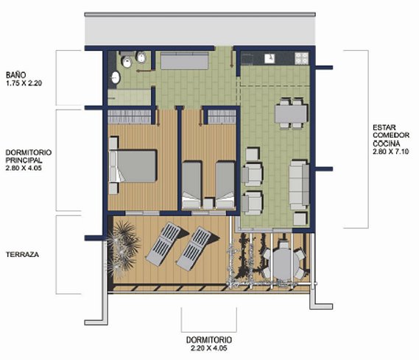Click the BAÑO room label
[x=16, y=75]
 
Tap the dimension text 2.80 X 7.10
[x=391, y=152]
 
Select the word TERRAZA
[x=22, y=255]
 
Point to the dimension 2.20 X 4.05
[x=209, y=348]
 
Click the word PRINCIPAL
[x=24, y=160]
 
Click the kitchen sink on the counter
[x=270, y=59]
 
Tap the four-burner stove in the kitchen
[x=301, y=58]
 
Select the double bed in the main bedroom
[x=133, y=166]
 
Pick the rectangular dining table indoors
[x=291, y=114]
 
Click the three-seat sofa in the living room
[x=299, y=185]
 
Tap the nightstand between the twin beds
[x=208, y=203]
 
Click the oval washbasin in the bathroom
[x=116, y=77]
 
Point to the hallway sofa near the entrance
[x=184, y=60]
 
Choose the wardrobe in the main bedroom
[x=130, y=117]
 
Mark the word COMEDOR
[x=391, y=135]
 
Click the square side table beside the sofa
[x=300, y=219]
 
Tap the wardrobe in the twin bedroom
[x=222, y=117]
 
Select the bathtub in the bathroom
[x=130, y=97]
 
